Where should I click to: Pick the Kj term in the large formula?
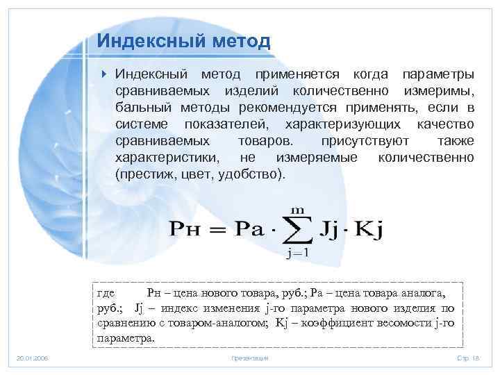[x=367, y=228]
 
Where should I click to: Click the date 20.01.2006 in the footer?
[x=33, y=358]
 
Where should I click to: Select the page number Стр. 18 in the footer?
[x=467, y=358]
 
